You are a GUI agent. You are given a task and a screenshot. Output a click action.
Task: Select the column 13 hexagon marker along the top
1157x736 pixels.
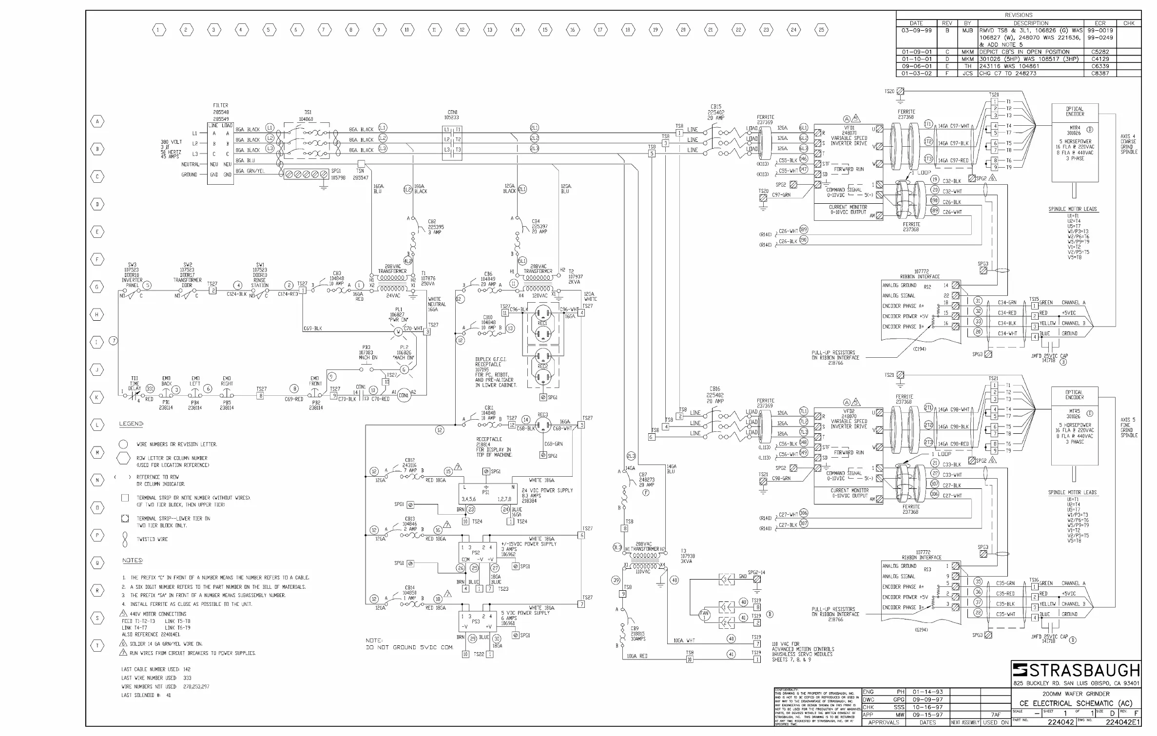(490, 30)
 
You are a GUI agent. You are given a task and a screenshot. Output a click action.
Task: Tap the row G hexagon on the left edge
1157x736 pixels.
(97, 287)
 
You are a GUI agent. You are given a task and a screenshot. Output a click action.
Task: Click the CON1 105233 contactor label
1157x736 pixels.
(452, 115)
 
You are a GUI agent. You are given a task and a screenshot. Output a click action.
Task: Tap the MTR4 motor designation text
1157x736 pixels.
(1075, 130)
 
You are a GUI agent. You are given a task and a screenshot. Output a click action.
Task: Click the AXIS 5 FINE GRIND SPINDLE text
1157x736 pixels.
(1128, 427)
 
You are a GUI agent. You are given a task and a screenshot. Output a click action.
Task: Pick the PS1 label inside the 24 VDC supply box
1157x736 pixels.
(485, 493)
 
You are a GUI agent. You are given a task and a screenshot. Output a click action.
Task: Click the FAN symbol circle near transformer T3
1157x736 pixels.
(704, 615)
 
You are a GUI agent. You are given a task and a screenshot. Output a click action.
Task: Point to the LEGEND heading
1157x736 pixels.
(131, 424)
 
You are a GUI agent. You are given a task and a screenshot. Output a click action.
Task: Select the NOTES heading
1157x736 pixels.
(132, 561)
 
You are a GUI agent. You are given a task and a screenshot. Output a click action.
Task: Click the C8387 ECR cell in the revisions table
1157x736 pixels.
(1100, 74)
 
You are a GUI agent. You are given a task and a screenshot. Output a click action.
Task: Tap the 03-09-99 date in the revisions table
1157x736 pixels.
(916, 30)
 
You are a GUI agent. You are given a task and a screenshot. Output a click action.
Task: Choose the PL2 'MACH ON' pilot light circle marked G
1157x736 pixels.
(404, 370)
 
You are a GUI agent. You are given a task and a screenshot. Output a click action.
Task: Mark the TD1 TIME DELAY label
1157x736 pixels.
(135, 384)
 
